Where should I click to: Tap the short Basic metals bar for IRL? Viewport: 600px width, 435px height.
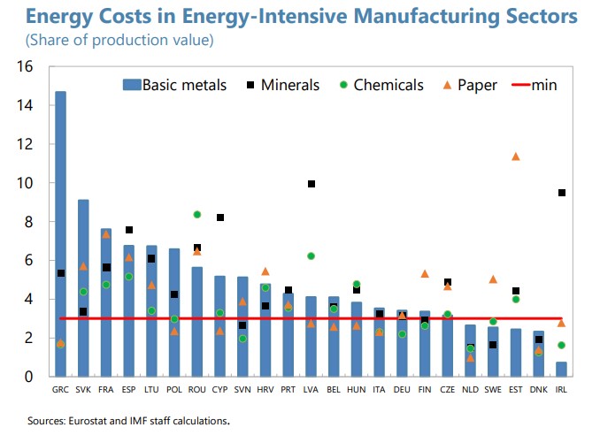click(561, 369)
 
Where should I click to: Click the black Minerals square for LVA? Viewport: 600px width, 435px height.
click(312, 184)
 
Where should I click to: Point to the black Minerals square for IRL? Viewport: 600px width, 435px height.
click(561, 193)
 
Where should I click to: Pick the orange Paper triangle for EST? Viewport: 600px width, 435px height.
click(516, 156)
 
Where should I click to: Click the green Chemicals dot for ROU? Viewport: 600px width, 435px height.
click(197, 214)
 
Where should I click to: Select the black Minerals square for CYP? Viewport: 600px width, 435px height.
click(220, 217)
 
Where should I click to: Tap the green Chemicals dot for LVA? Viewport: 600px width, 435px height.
click(312, 256)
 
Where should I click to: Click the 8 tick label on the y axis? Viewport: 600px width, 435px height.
click(29, 222)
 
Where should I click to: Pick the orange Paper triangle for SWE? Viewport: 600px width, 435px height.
click(493, 279)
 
